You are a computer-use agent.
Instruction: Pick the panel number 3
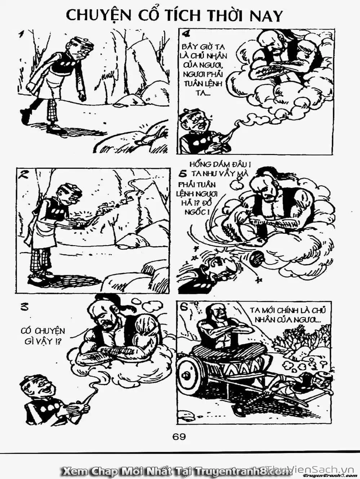coord(23,307)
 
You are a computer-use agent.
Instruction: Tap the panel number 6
coord(183,307)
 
